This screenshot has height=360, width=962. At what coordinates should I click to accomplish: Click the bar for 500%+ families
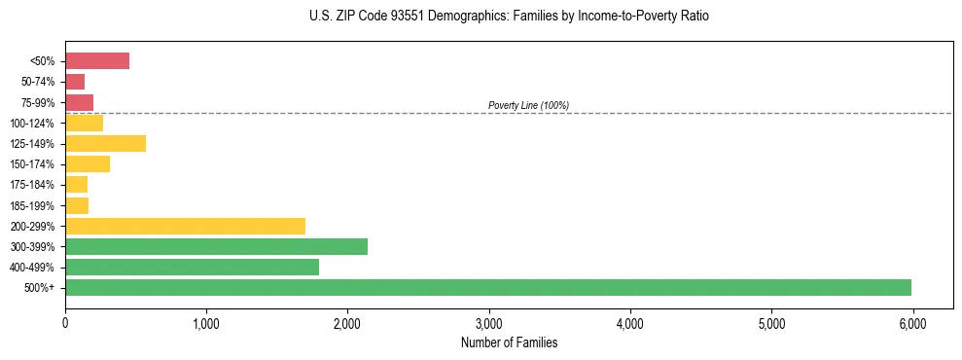pyautogui.click(x=488, y=287)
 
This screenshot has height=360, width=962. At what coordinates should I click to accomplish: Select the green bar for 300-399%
pyautogui.click(x=216, y=246)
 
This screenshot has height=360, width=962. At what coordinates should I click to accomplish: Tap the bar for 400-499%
pyautogui.click(x=192, y=267)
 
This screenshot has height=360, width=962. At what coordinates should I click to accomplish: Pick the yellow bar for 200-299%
pyautogui.click(x=185, y=226)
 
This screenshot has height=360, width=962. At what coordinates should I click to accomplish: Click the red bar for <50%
pyautogui.click(x=97, y=61)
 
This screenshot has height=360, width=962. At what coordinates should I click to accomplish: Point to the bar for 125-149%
pyautogui.click(x=105, y=144)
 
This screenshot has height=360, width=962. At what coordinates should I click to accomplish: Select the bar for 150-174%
pyautogui.click(x=88, y=164)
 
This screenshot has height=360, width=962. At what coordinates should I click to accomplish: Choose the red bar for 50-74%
pyautogui.click(x=75, y=82)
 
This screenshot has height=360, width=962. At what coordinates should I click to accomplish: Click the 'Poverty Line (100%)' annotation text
pyautogui.click(x=528, y=105)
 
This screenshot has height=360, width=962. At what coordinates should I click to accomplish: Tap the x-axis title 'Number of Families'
pyautogui.click(x=510, y=343)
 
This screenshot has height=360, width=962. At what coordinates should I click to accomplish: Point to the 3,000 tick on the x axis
pyautogui.click(x=488, y=323)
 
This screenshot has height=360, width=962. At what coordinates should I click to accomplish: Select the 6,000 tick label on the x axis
pyautogui.click(x=911, y=323)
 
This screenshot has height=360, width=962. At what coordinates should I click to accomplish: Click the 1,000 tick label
pyautogui.click(x=206, y=323)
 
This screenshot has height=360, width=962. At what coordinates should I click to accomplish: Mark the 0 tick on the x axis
pyautogui.click(x=65, y=323)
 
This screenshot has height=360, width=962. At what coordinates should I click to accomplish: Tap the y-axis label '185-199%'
pyautogui.click(x=36, y=205)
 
